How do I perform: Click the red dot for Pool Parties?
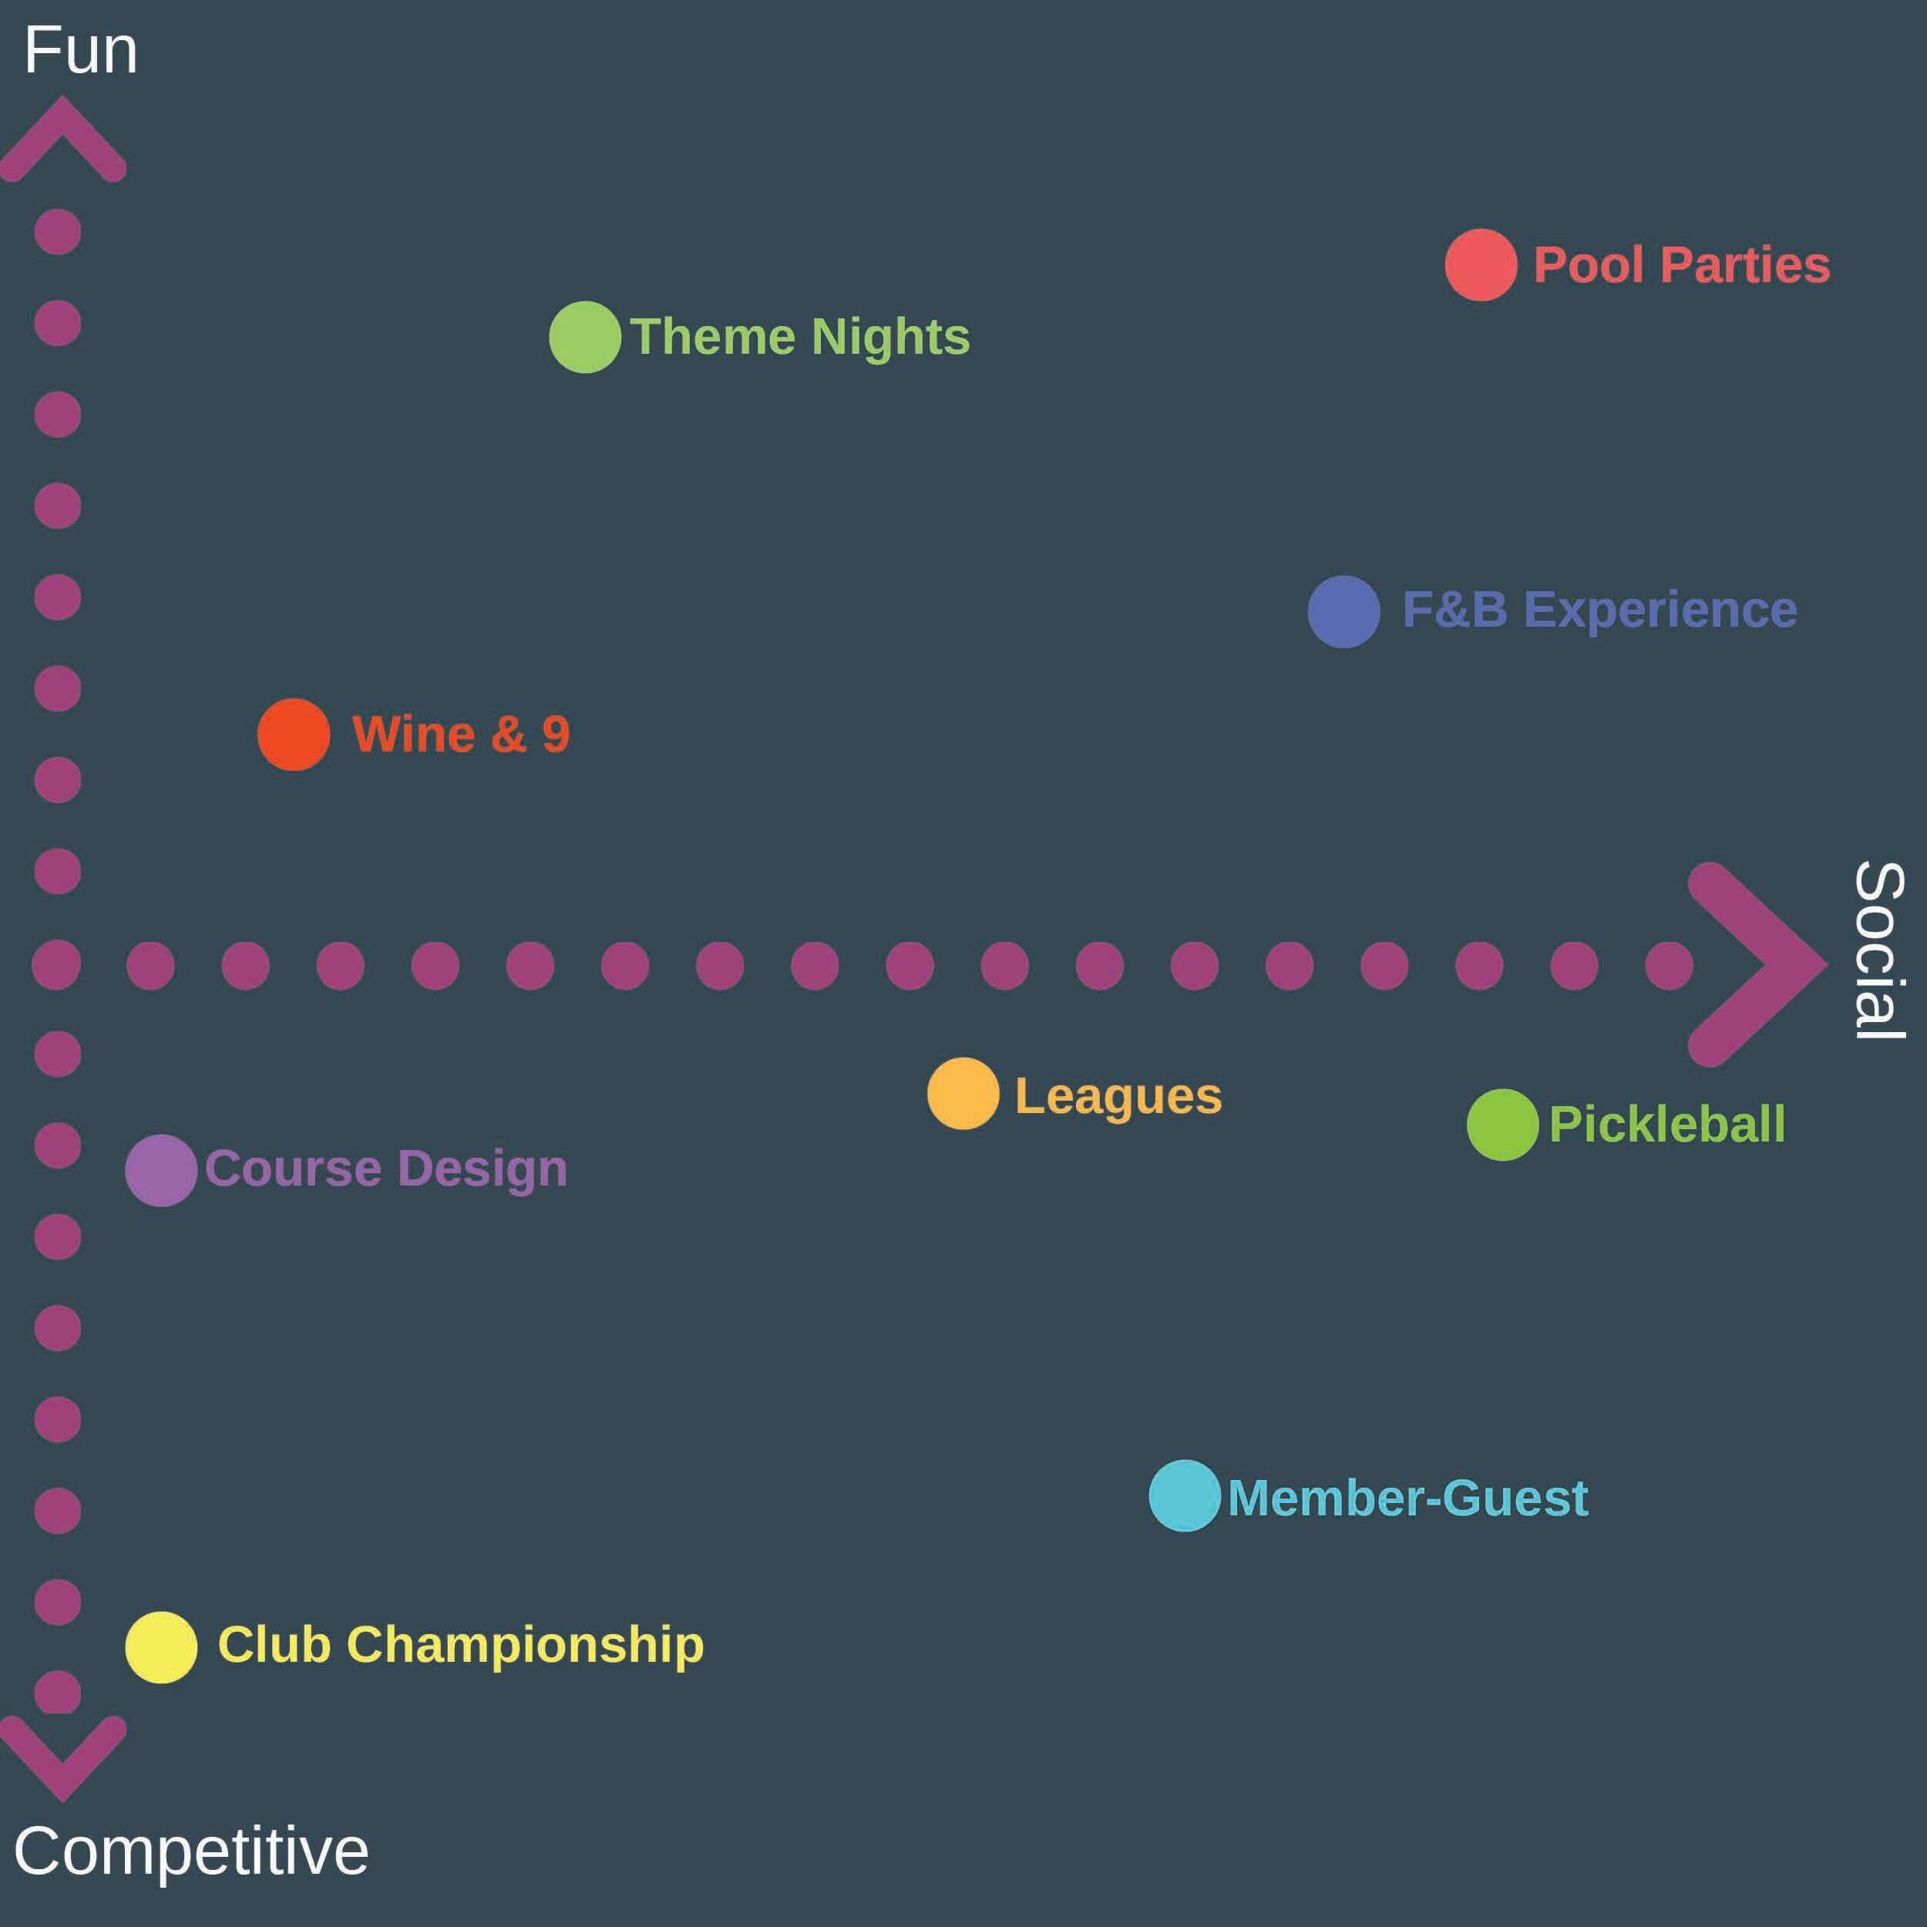(1481, 264)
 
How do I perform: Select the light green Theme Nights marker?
(586, 337)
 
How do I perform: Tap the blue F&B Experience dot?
(1344, 611)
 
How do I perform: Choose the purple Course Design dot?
(160, 1170)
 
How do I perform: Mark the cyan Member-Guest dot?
(1184, 1496)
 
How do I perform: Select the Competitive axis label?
(191, 1851)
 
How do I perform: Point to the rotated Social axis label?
(1879, 950)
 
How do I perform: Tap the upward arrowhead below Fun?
(62, 140)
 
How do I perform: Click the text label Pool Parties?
(1682, 265)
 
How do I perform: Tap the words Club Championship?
(461, 1645)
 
